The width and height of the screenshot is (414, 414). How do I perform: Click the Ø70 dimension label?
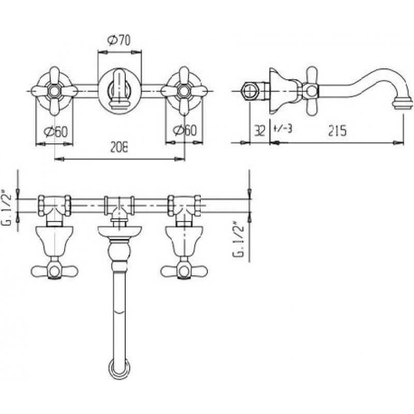pos(119,40)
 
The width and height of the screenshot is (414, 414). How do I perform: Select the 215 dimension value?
pos(337,130)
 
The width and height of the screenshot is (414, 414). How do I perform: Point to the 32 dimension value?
pos(260,130)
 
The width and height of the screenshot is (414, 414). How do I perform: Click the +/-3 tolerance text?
pos(283,129)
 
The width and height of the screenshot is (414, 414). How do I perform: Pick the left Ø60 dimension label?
pos(56,131)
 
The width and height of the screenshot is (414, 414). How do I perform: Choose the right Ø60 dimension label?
pos(185,130)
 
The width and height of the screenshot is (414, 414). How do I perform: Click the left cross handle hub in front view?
pos(55,91)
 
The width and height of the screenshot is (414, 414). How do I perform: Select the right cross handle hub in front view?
pos(184,91)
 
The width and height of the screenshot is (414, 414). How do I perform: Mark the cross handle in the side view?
pos(312,91)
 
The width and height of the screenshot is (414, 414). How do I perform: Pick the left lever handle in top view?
pos(54,271)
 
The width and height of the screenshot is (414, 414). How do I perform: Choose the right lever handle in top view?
pos(184,271)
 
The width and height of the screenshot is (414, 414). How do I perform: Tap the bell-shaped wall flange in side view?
pos(280,91)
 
